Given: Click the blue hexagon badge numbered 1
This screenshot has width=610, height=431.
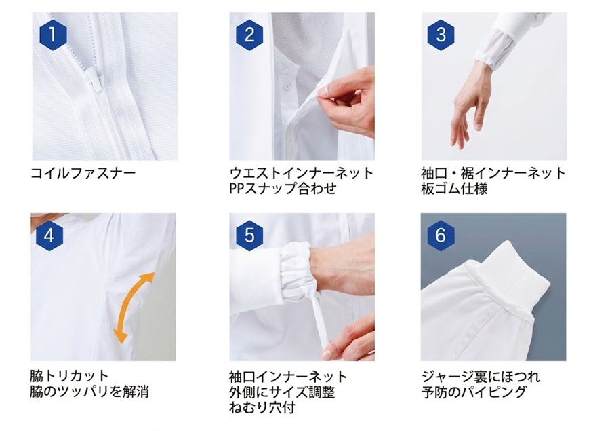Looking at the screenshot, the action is [54, 35].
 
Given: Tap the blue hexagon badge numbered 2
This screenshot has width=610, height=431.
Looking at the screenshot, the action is [249, 35].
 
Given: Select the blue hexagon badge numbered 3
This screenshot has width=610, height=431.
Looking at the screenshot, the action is [441, 35].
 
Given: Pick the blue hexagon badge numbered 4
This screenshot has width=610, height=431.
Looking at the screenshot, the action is [49, 236].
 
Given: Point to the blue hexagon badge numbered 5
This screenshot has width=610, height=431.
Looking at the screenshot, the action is [249, 236].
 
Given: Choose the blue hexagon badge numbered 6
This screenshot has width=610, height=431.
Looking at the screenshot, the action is [440, 235].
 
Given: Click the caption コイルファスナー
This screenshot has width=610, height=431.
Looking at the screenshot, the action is [83, 172].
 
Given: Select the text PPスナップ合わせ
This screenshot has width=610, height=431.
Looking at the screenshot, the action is [283, 189].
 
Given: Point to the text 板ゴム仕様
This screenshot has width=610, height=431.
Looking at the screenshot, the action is [454, 189].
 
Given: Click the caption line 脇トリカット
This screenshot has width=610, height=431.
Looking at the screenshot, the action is [69, 376].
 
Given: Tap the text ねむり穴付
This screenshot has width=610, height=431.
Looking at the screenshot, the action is [262, 408].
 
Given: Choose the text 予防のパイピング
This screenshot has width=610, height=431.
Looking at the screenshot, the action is [474, 392].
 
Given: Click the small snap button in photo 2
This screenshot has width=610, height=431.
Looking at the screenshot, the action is [287, 85].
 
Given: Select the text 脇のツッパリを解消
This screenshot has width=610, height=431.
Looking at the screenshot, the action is [89, 392].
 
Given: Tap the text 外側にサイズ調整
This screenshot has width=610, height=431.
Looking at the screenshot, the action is [282, 392].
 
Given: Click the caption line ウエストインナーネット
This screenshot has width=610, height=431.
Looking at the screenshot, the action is [302, 172].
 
